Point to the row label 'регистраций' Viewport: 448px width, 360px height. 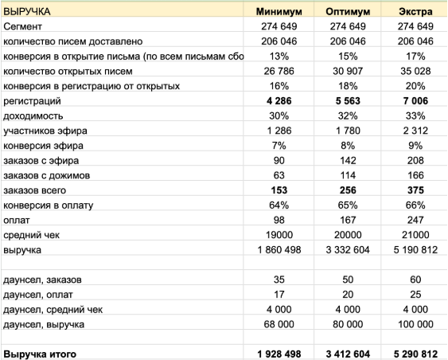(x=33, y=101)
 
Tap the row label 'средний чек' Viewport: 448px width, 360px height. (x=31, y=235)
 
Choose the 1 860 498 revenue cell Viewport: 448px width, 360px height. (x=278, y=250)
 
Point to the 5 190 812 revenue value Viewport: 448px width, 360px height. (x=416, y=250)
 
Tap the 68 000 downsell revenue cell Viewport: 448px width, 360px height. (x=278, y=324)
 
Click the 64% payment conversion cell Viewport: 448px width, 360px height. (x=278, y=205)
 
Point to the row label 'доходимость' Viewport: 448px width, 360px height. (x=33, y=116)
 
